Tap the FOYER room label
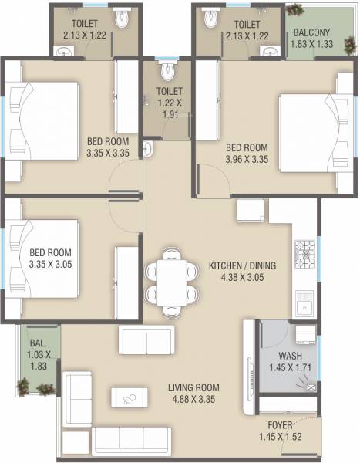click(281, 424)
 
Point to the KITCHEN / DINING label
click(242, 266)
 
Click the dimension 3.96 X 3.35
click(246, 160)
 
